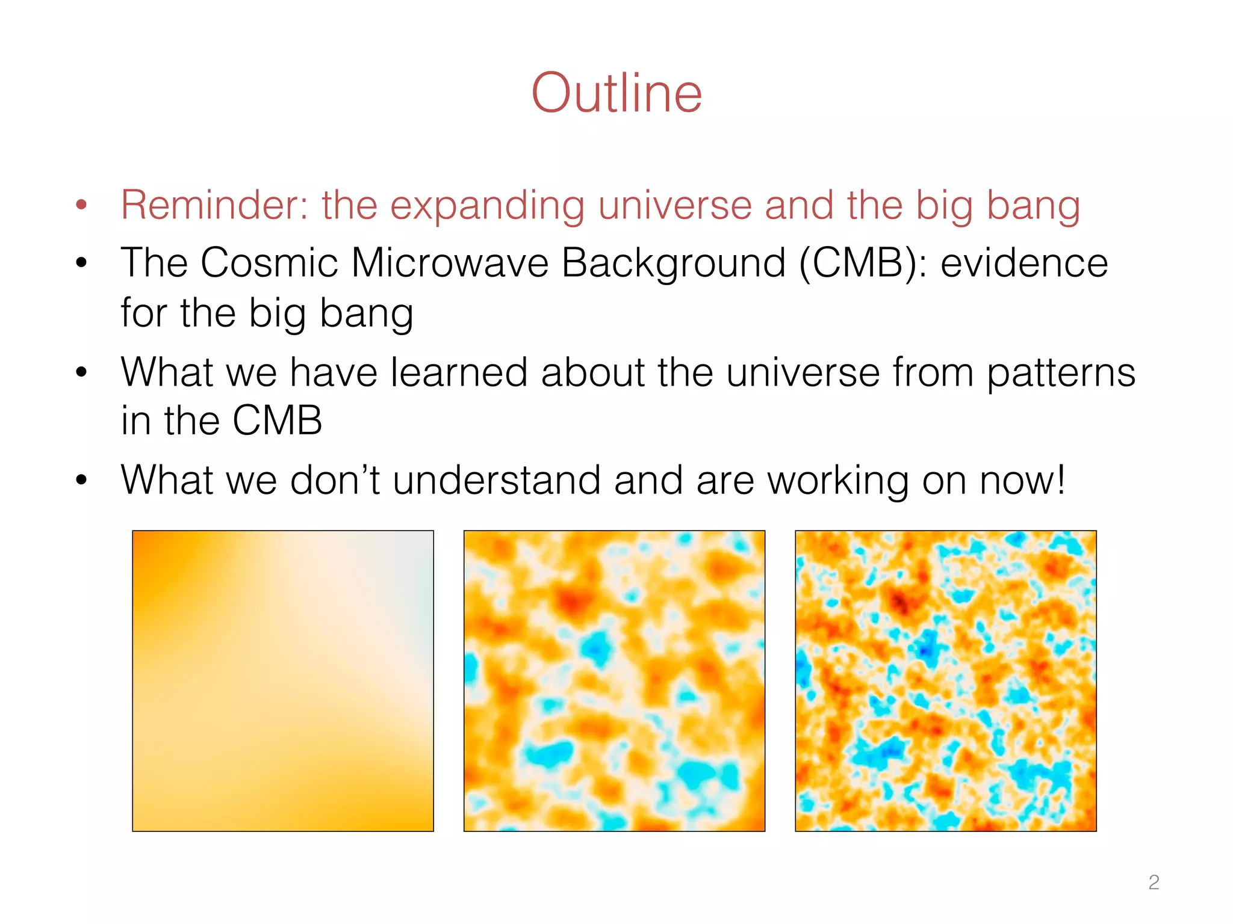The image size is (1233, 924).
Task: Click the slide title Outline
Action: [x=616, y=93]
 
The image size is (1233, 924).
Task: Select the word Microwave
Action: [x=450, y=263]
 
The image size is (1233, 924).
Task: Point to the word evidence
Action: [x=1024, y=263]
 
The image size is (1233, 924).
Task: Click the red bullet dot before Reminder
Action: [x=82, y=205]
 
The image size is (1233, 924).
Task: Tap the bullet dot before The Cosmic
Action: [x=82, y=263]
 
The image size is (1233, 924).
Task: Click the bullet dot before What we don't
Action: [x=82, y=480]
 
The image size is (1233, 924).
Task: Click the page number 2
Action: [x=1154, y=882]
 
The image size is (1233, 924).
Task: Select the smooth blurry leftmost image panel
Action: [x=283, y=680]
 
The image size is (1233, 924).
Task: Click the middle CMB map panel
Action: [x=614, y=680]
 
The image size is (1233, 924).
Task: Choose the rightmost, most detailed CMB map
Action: [x=945, y=680]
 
